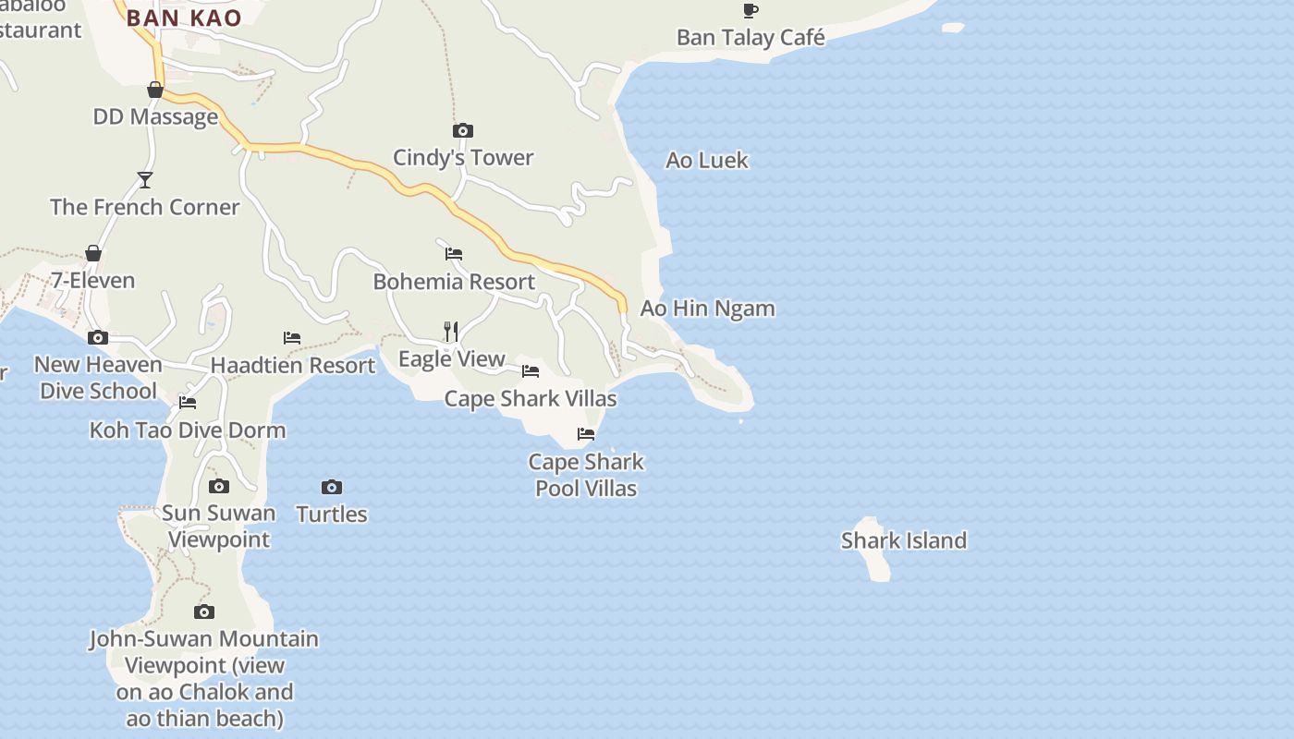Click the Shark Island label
(x=903, y=540)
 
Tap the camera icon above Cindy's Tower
(x=463, y=130)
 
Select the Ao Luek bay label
(x=707, y=160)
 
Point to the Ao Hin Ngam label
(x=707, y=308)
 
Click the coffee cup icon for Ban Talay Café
(x=751, y=10)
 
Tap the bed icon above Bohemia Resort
(x=454, y=253)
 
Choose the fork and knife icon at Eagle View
(x=451, y=331)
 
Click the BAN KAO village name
(x=184, y=18)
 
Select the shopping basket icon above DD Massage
(x=155, y=90)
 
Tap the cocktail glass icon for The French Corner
(x=144, y=179)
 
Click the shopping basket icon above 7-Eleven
(x=92, y=253)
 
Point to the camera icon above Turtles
(x=332, y=487)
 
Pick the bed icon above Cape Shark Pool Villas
(x=586, y=433)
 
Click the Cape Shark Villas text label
(x=531, y=399)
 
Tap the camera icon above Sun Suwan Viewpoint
(x=219, y=486)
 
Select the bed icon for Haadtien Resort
(x=292, y=338)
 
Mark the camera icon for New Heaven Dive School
(x=98, y=337)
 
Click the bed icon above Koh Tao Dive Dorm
(x=188, y=402)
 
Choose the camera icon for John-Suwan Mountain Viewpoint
(x=204, y=612)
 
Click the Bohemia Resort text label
(x=454, y=281)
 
